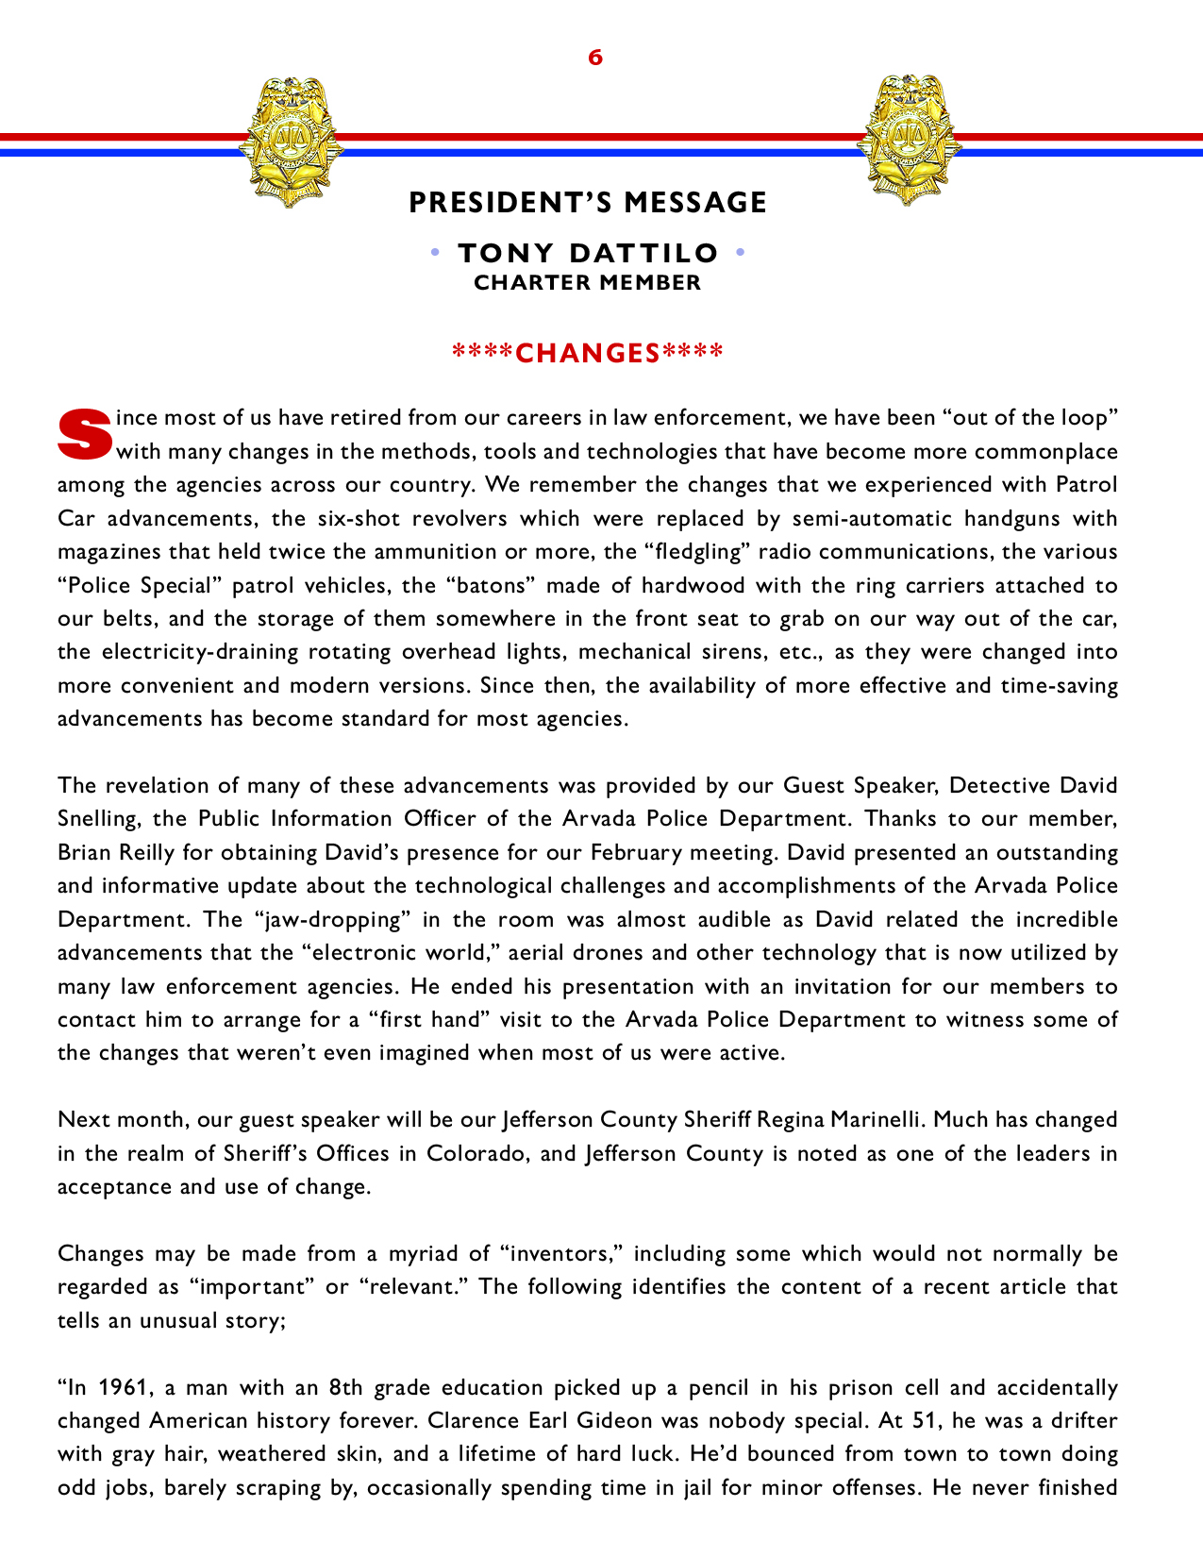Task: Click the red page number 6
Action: coord(595,58)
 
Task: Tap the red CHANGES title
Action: coord(588,353)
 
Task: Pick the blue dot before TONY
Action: coord(435,253)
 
